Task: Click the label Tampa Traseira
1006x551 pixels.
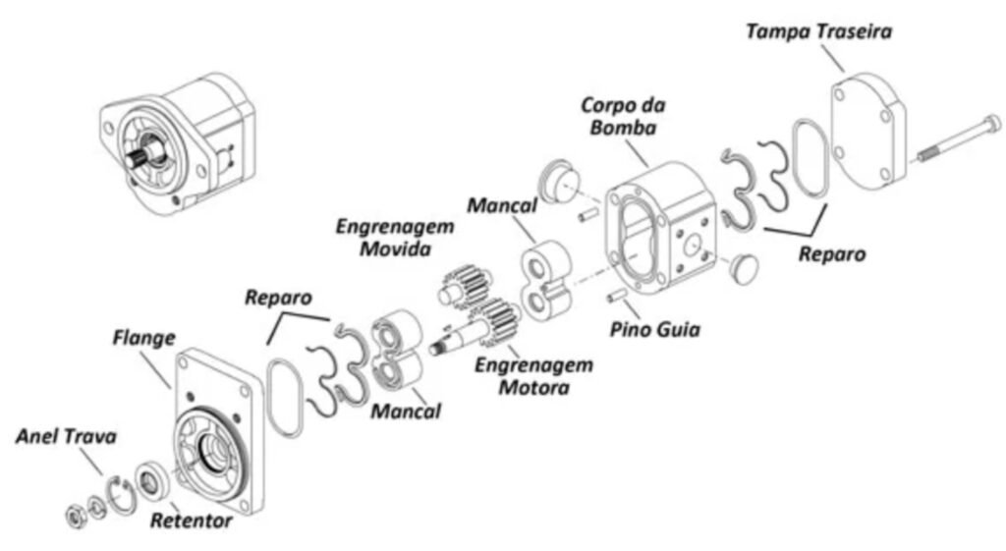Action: (x=818, y=31)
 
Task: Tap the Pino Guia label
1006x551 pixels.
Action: (x=655, y=329)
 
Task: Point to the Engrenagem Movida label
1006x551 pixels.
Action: (x=395, y=238)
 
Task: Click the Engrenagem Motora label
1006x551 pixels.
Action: (x=533, y=376)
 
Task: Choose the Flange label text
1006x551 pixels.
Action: (x=142, y=338)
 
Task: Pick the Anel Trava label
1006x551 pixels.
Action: (x=66, y=436)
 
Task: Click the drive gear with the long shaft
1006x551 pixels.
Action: (x=482, y=329)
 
